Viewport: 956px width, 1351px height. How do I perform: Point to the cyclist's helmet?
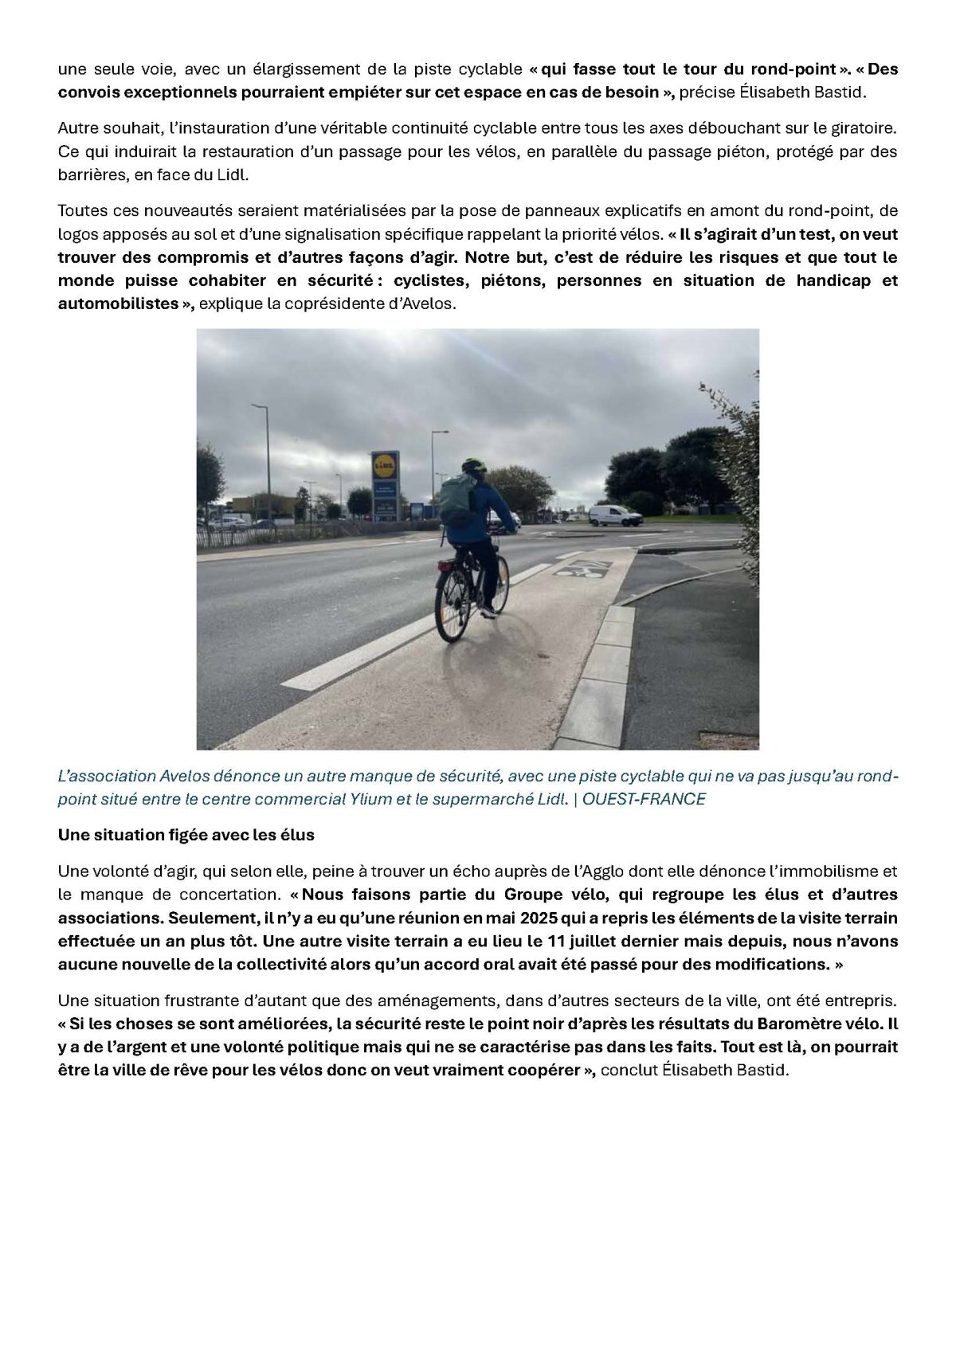(x=473, y=464)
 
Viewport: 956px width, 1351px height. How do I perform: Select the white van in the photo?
(x=615, y=515)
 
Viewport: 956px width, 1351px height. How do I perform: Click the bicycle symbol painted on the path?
(x=582, y=569)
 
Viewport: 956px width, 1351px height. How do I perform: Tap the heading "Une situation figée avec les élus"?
(x=186, y=835)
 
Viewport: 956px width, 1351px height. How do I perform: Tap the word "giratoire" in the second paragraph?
(x=866, y=127)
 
